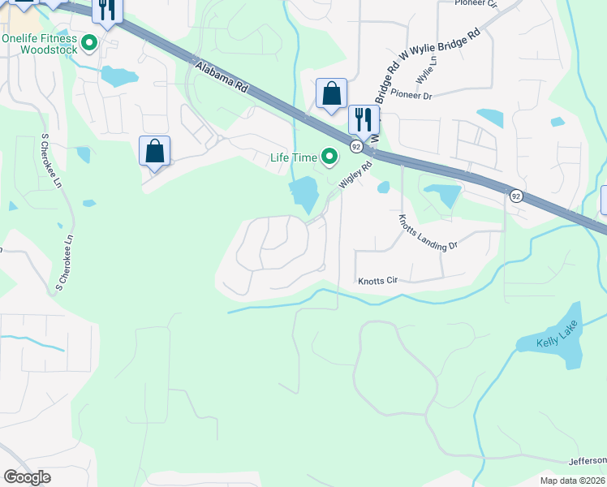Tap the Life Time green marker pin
329,157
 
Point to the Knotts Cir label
377,281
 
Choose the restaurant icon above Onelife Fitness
106,9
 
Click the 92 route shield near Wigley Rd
356,145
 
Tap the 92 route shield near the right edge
514,196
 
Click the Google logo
27,477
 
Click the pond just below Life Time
303,195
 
